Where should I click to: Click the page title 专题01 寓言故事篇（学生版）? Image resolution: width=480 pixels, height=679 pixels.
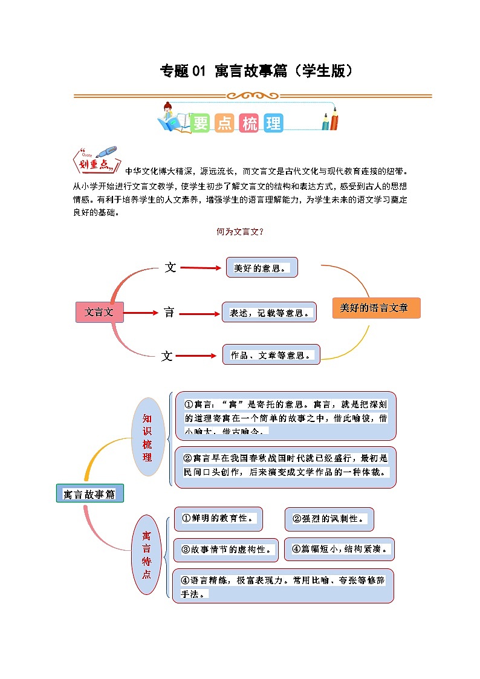point(256,71)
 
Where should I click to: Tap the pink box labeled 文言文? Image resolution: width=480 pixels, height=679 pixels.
point(99,313)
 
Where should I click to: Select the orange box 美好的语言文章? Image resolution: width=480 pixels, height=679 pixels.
point(375,308)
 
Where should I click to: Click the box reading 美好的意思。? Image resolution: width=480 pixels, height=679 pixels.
point(262,268)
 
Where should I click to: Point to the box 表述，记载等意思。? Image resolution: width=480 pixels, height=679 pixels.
point(269,313)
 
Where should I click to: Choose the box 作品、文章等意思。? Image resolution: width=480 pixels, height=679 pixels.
point(271,355)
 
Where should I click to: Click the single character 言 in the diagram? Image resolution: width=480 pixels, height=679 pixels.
point(170,313)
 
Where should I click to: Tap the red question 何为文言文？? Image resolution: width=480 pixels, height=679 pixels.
point(240,232)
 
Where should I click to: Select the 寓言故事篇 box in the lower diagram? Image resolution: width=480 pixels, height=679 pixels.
point(89,494)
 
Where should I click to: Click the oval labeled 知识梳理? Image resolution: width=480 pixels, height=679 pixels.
point(148,437)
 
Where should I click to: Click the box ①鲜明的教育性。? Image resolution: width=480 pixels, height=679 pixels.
point(218,519)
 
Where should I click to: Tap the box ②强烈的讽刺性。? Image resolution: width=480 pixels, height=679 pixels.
point(329,519)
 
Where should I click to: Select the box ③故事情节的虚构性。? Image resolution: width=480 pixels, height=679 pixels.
point(226,550)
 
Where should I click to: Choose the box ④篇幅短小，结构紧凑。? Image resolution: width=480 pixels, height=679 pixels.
point(339,549)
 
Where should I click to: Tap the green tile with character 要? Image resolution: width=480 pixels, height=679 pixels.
point(200,123)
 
